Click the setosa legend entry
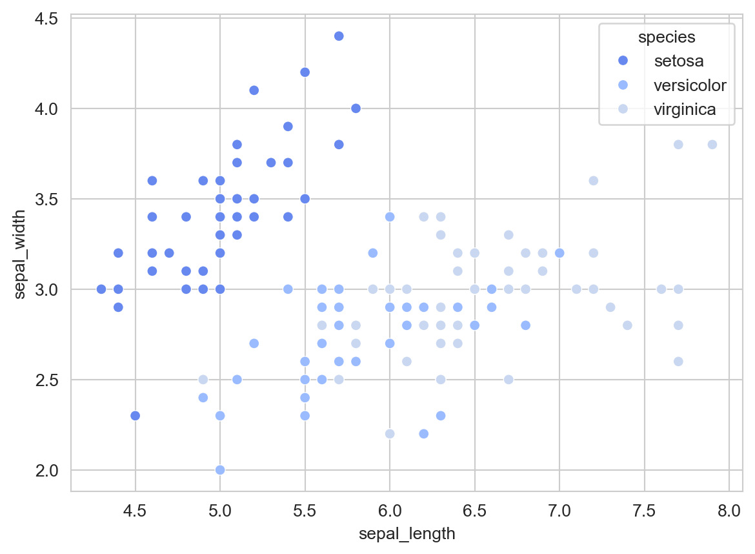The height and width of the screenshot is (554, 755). [x=678, y=61]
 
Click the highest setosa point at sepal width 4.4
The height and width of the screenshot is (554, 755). [x=339, y=36]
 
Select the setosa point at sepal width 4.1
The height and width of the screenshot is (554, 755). [x=254, y=90]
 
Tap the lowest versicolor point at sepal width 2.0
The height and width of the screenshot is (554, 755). [x=220, y=469]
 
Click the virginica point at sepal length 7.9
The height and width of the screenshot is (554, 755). [x=712, y=145]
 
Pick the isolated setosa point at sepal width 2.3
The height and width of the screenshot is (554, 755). [x=135, y=415]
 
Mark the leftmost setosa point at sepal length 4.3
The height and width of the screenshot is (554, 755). [x=101, y=289]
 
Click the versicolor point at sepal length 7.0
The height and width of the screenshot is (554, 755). [x=559, y=252]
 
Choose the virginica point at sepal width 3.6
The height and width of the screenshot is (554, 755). [x=593, y=181]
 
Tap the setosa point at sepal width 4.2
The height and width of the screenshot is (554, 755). [x=305, y=72]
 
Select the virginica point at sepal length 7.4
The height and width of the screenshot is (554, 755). [x=627, y=325]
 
